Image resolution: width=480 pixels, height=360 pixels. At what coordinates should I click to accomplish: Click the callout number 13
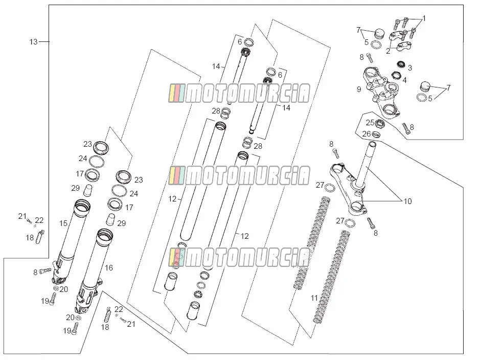pos(33,41)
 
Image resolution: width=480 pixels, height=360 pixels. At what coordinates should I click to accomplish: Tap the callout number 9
pos(359,89)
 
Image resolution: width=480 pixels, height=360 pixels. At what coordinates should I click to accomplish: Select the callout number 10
pos(407,201)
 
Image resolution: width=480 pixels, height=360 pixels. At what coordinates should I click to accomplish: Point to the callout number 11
pos(314,298)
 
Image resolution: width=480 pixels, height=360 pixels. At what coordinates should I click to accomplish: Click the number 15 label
pos(63,223)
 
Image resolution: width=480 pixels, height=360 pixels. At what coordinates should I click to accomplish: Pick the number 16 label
pos(109,268)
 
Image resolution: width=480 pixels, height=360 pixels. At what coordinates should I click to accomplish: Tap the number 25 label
pos(370,123)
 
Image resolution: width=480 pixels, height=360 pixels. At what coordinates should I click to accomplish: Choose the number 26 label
pos(367,134)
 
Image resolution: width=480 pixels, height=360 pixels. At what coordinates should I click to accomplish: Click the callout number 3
pos(410,67)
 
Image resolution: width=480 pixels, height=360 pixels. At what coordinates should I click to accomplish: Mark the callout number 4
pos(405,80)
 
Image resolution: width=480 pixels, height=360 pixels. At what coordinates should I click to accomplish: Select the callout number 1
pos(424,18)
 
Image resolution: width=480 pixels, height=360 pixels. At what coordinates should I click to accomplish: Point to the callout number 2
pos(388,51)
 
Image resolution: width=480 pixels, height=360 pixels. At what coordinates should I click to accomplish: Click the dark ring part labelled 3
pos(401,64)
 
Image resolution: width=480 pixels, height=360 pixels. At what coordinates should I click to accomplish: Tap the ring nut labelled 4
pos(396,75)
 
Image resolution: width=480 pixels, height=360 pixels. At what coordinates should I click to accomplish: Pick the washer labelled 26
pos(376,134)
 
